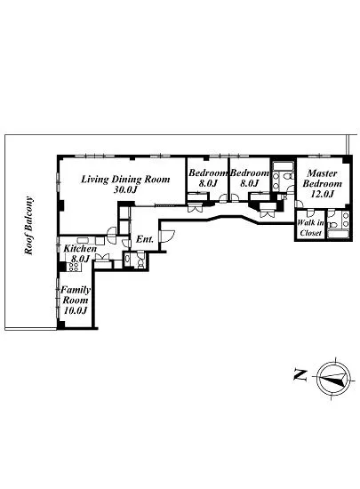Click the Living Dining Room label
point(125,180)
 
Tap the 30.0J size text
point(125,189)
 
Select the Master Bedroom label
point(323,178)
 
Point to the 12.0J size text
point(323,194)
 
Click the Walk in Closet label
point(310,228)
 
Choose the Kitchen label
point(80,249)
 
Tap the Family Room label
point(76,294)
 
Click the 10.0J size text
point(76,310)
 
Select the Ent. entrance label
point(145,239)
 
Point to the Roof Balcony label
point(29,225)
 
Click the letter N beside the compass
point(300,374)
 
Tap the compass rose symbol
point(335,377)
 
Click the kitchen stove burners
point(75,267)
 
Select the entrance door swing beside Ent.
point(167,236)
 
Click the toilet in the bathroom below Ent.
point(140,260)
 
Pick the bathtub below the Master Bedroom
point(339,234)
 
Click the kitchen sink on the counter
point(83,240)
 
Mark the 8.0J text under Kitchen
point(80,259)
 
